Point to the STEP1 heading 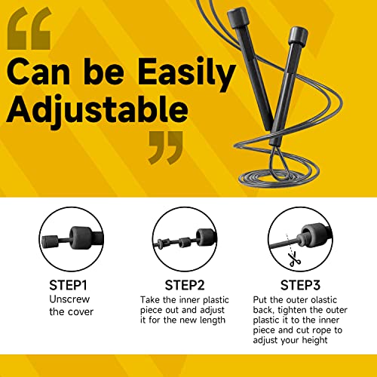(69, 286)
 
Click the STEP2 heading (184, 286)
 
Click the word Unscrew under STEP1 (69, 299)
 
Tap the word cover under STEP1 (75, 311)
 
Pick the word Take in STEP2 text (151, 299)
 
